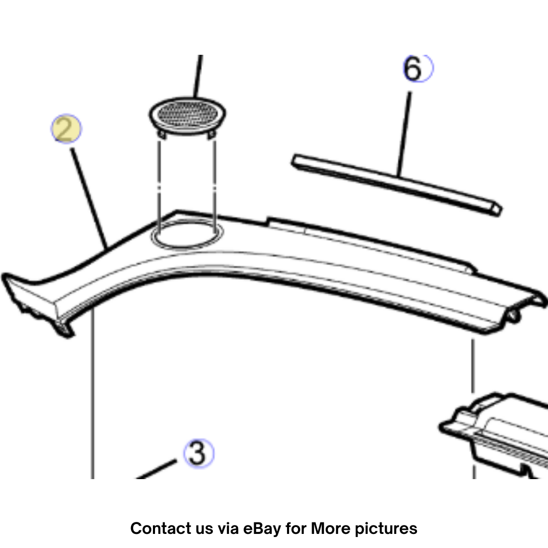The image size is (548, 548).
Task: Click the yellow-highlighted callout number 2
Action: (x=66, y=128)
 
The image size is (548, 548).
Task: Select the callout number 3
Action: (x=198, y=454)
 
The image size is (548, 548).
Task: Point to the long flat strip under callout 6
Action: (x=397, y=185)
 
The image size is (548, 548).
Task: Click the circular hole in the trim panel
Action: (x=187, y=234)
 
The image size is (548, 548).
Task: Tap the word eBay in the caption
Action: (x=262, y=528)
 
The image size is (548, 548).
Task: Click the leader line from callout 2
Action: (x=89, y=198)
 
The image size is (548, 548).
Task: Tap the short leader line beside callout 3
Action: (x=156, y=469)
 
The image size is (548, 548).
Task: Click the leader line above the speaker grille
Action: (x=198, y=76)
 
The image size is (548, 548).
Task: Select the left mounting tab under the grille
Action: (x=161, y=134)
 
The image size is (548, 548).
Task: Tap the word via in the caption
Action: (x=228, y=528)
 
